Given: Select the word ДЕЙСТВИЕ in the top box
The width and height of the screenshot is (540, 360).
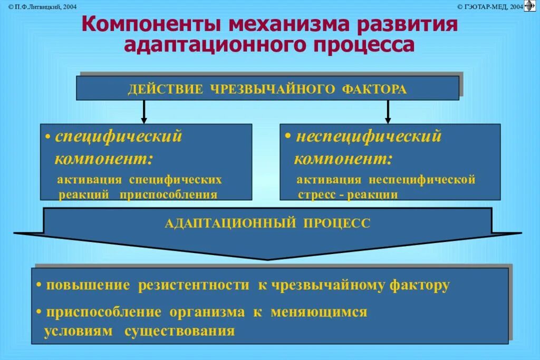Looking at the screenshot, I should coord(165,89).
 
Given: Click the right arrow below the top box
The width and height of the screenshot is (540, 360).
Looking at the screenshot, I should coord(388,112).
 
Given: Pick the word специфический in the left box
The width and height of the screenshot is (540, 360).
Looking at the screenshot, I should coord(119,137).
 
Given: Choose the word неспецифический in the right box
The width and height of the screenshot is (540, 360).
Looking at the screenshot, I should coord(368,137).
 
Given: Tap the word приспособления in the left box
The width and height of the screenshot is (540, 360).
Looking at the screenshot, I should coord(168,194).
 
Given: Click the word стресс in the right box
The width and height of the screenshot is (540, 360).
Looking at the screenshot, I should coord(313,194).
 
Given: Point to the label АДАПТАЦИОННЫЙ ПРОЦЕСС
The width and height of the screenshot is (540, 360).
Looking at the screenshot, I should coord(267,223).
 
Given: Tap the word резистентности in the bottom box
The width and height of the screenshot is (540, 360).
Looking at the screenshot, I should coord(194,286).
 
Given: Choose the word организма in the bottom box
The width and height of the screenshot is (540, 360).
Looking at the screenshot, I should coord(207,312).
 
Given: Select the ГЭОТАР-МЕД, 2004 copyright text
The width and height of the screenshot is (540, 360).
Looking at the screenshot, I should coord(490,6).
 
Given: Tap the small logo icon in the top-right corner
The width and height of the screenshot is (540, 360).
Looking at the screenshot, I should coord(529,6).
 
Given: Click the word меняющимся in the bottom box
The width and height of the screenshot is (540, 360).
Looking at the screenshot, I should coord(319,312).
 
